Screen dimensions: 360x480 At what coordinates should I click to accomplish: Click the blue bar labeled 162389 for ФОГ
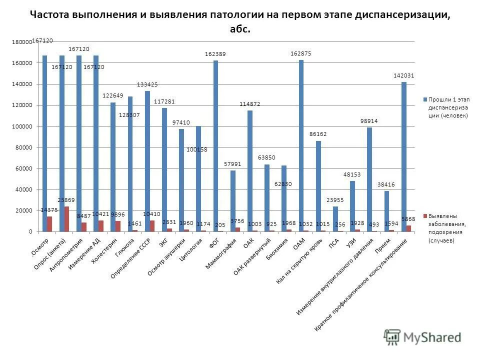[x=215, y=146]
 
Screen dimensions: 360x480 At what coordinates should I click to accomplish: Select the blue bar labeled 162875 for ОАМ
[x=301, y=145]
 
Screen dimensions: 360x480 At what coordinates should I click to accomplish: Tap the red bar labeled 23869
[x=66, y=219]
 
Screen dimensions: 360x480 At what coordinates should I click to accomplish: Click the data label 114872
[x=249, y=104]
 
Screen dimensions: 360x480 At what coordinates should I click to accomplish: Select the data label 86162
[x=318, y=134]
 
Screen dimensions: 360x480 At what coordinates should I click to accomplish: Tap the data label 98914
[x=369, y=121]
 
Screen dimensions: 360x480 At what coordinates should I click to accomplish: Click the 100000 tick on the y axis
[x=22, y=126]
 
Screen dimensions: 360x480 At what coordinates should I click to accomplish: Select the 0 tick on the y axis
[x=30, y=232]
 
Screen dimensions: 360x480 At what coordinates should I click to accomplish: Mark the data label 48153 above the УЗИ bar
[x=352, y=174]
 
